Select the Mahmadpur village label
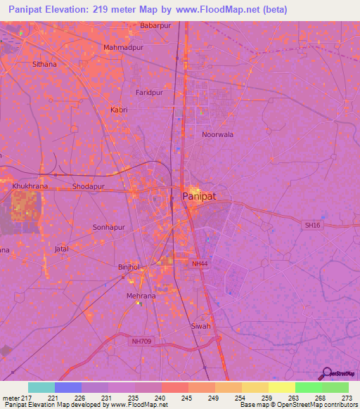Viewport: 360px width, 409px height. (x=123, y=48)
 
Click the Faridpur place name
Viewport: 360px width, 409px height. (x=148, y=92)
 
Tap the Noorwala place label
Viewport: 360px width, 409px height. (x=217, y=134)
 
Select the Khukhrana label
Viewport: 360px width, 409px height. (x=30, y=186)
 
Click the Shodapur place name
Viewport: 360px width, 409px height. (x=88, y=187)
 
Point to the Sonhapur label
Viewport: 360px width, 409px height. (x=108, y=228)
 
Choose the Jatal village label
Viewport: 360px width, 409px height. (x=63, y=249)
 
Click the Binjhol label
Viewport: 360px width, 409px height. (x=129, y=268)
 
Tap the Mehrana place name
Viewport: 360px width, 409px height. (x=141, y=296)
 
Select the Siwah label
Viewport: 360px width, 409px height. (x=201, y=327)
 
